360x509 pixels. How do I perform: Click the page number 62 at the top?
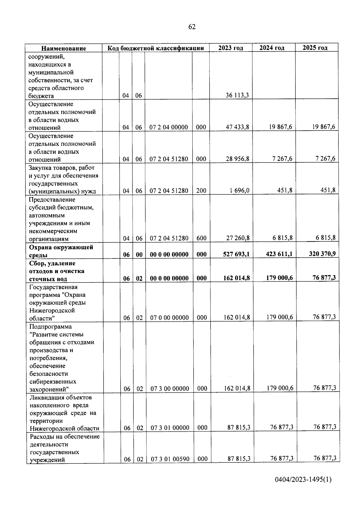point(192,27)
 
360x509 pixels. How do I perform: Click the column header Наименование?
point(64,48)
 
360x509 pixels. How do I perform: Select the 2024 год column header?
point(272,48)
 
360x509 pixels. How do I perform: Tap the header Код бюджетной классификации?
point(156,48)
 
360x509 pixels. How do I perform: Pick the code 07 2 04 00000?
point(169,127)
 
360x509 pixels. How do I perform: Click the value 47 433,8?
point(237,127)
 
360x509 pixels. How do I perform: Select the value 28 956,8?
point(237,159)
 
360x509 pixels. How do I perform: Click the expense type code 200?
point(201,190)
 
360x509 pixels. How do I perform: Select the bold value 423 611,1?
point(279,254)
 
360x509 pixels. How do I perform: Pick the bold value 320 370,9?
point(322,253)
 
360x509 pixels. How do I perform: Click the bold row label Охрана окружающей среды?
point(61,251)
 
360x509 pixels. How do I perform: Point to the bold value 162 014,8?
point(236,278)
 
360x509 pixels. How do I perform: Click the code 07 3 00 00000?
point(170,389)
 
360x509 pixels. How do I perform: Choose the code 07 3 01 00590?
point(170,459)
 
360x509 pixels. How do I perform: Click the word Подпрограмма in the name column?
point(50,327)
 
